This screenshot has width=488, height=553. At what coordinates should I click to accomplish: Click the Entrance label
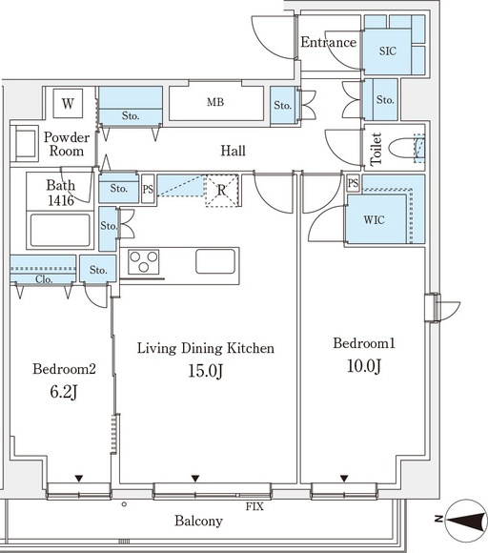[x=328, y=42]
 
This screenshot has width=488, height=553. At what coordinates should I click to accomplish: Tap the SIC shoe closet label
[x=388, y=51]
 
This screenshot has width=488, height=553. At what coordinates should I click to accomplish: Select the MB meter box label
[x=215, y=102]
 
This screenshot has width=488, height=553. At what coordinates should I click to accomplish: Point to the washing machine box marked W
[x=68, y=103]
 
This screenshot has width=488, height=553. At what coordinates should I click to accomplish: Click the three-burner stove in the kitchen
[x=143, y=261]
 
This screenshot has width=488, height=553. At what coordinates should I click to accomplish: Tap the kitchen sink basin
[x=215, y=261]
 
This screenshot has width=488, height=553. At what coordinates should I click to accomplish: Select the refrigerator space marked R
[x=221, y=191]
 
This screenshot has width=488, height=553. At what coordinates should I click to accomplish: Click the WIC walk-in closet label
[x=374, y=220]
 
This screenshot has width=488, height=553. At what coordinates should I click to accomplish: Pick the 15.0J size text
[x=205, y=371]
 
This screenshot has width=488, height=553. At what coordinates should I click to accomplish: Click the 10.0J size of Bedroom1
[x=364, y=366]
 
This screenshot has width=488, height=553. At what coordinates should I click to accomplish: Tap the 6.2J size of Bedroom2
[x=64, y=392]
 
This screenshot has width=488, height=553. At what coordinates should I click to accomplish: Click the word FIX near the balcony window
[x=254, y=506]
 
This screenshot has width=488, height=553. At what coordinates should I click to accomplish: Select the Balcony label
[x=198, y=521]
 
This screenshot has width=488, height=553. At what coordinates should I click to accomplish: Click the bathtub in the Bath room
[x=60, y=230]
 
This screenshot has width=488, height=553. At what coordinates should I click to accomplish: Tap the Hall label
[x=233, y=151]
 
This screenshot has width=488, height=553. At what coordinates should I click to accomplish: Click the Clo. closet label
[x=44, y=279]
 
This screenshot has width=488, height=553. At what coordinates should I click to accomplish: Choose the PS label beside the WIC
[x=353, y=183]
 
